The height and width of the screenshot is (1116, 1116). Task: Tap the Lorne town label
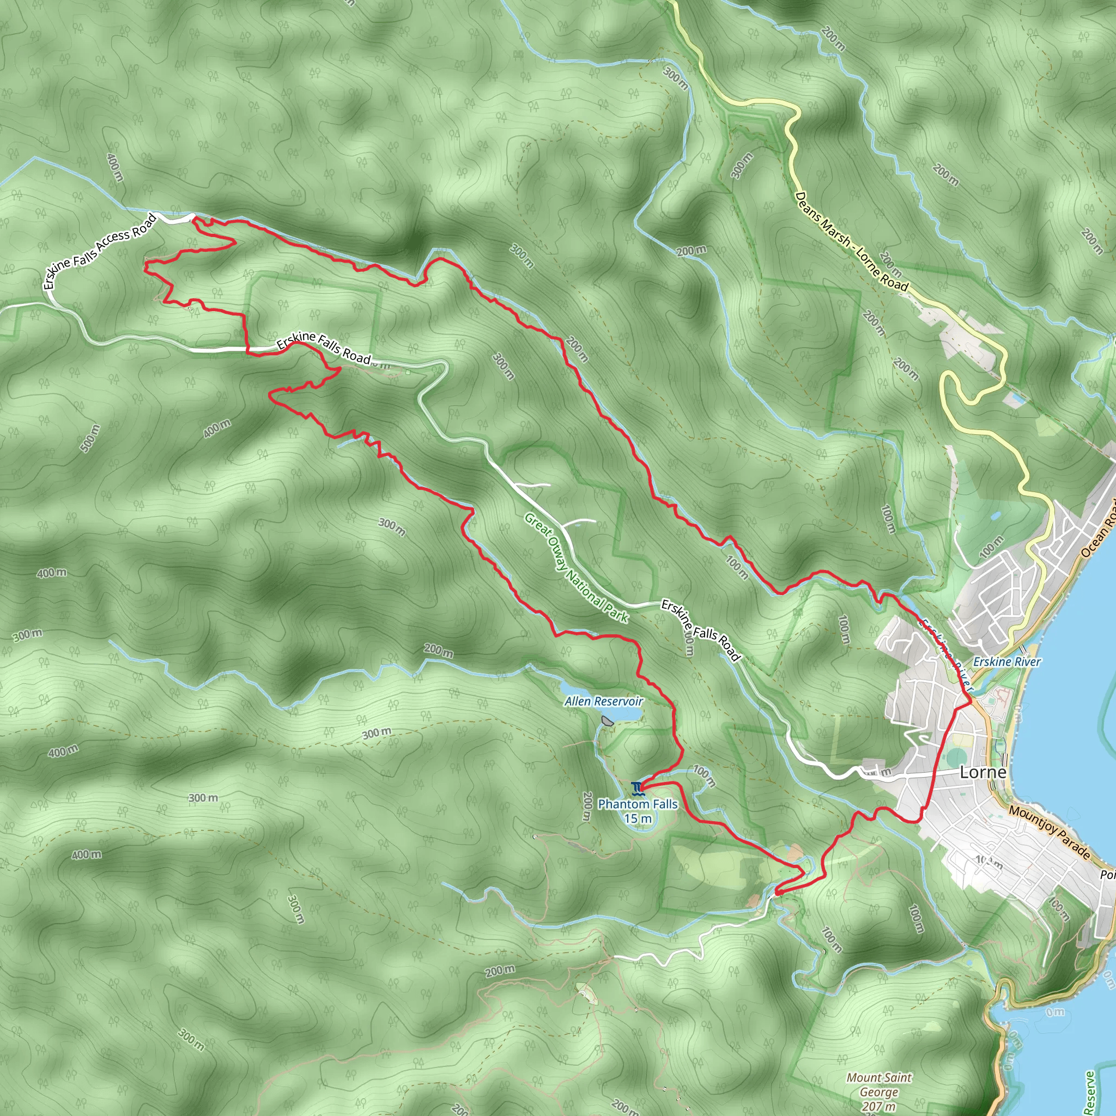click(x=982, y=772)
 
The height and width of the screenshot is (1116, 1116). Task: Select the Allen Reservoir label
click(x=604, y=701)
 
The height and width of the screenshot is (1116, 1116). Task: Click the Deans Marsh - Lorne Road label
click(x=852, y=242)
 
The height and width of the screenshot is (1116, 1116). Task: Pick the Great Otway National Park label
click(x=576, y=568)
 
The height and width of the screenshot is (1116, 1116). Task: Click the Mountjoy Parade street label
click(x=1050, y=833)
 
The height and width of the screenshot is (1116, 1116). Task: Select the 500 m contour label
click(x=90, y=439)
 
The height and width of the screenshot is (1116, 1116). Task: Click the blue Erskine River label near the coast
click(x=1007, y=662)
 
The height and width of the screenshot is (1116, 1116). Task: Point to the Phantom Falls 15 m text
click(x=638, y=811)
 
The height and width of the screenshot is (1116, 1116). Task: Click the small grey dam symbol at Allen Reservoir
click(x=606, y=720)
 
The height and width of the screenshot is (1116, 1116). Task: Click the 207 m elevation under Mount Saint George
click(x=878, y=1106)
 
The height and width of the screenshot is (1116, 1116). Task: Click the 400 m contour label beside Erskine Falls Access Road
click(x=115, y=167)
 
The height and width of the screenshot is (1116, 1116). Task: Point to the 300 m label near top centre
click(x=675, y=78)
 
